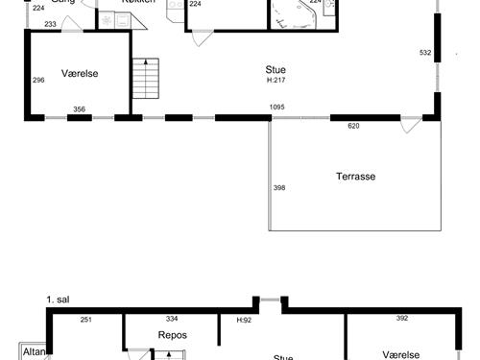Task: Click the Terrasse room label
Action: coord(355,177)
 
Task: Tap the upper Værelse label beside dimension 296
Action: coord(80,73)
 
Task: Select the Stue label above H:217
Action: coord(276,69)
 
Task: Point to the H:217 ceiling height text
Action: coord(276,80)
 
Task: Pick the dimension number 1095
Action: coord(277,107)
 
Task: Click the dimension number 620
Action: coord(352,125)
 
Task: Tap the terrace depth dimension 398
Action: coord(279,188)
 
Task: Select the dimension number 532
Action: coord(426,52)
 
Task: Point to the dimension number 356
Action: coord(80,109)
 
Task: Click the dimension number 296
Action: coord(38,80)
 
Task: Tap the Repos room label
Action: coord(172,335)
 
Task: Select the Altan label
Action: coord(32,351)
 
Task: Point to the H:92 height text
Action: coord(244,320)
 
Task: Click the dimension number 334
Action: coord(172,319)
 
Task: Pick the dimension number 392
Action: coord(402,319)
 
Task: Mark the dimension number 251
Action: coord(85,319)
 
